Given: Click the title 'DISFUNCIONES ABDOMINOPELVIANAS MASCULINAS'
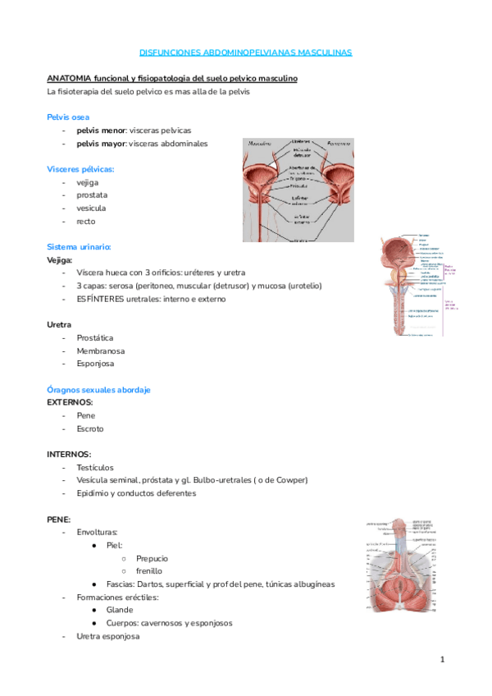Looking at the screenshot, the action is (246, 52).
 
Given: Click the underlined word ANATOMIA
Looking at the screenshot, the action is (69, 78).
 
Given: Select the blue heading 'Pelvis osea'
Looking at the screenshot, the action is (68, 117).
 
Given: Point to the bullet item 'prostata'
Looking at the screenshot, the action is (91, 195).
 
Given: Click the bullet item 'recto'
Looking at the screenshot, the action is (86, 222).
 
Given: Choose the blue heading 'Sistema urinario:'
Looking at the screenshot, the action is (79, 247).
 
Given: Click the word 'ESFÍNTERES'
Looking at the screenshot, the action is (99, 299).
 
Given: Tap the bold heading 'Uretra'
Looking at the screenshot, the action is (59, 325).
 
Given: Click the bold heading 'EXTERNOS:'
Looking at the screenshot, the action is (70, 403).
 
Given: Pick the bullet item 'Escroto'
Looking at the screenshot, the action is (90, 428).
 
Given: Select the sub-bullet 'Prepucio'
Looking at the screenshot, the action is (153, 558).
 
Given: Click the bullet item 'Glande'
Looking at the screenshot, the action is (120, 610).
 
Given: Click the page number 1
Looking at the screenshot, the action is (441, 659).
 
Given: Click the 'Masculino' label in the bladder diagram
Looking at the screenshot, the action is (262, 143).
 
